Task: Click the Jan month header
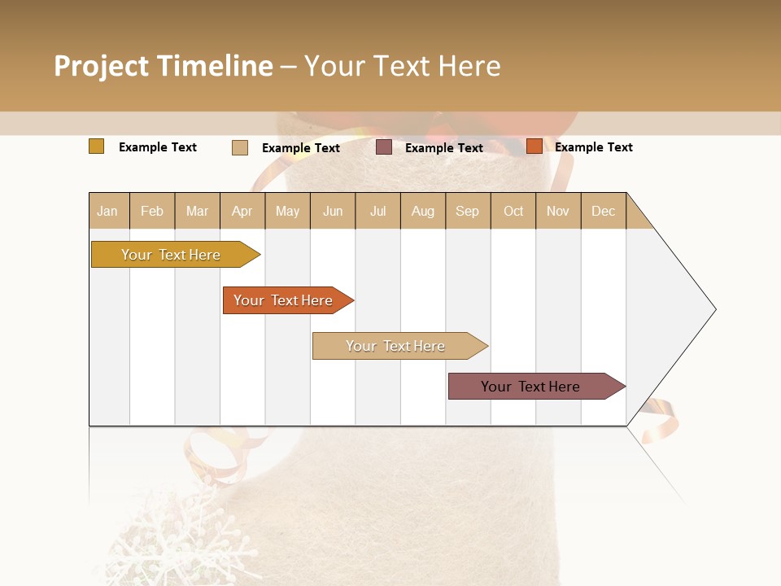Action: tap(107, 211)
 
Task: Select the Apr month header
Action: tap(242, 211)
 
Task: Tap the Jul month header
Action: tap(377, 211)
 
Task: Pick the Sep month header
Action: tap(467, 211)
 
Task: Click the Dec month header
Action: tap(603, 211)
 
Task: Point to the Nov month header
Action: tap(557, 211)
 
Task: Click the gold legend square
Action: tap(96, 146)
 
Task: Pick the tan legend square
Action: tap(239, 147)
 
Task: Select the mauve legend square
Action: tap(383, 147)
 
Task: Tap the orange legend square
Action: tap(534, 146)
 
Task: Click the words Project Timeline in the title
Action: tap(163, 66)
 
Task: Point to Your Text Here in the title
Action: tap(402, 66)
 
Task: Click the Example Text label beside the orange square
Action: tap(593, 146)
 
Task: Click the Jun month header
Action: tap(332, 211)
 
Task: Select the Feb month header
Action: tap(151, 211)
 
